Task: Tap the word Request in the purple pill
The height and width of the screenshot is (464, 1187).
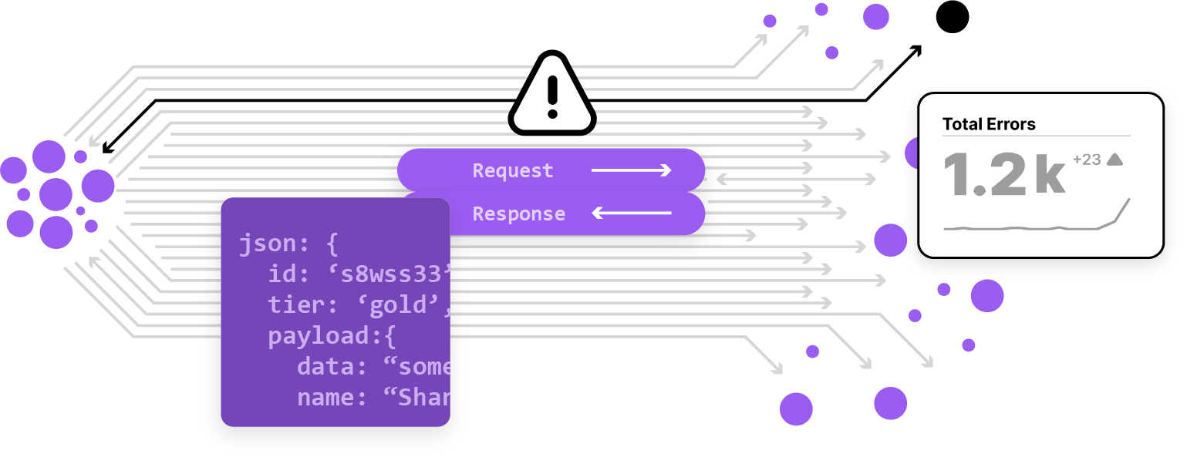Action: coord(513,170)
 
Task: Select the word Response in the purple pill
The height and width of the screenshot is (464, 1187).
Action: coord(518,214)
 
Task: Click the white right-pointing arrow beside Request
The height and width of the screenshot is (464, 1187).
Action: coord(632,170)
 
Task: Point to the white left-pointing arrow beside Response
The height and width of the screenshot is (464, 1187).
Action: coord(632,214)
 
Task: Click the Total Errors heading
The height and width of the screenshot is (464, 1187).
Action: coord(989,124)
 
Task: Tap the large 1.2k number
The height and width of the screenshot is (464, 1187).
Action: coord(1003,174)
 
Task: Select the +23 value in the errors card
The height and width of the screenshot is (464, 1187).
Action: coord(1086,160)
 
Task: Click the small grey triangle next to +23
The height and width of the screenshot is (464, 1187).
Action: coord(1114,159)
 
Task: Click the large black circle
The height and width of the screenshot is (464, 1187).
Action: coord(953,16)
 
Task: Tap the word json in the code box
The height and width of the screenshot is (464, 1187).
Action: coord(266,244)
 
